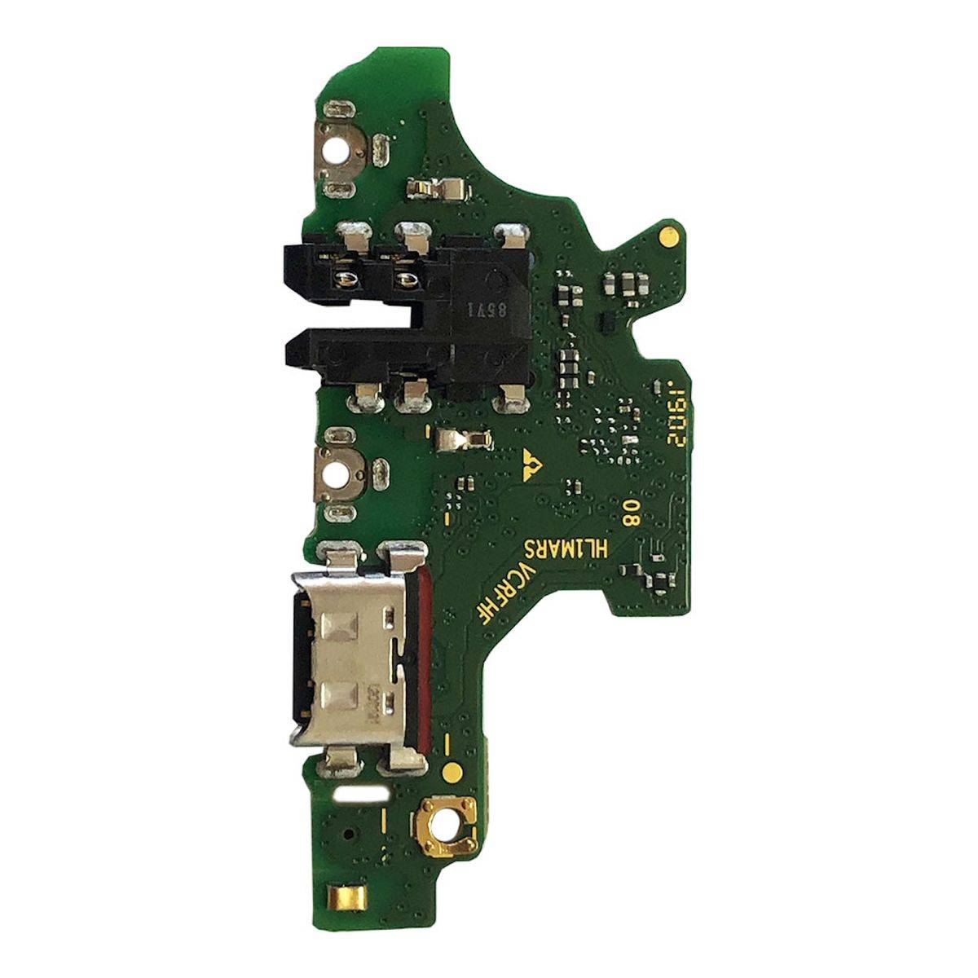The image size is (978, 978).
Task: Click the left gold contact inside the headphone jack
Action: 346,279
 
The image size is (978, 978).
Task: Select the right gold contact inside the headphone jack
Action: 403,279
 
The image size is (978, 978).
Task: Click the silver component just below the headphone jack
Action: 460,441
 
